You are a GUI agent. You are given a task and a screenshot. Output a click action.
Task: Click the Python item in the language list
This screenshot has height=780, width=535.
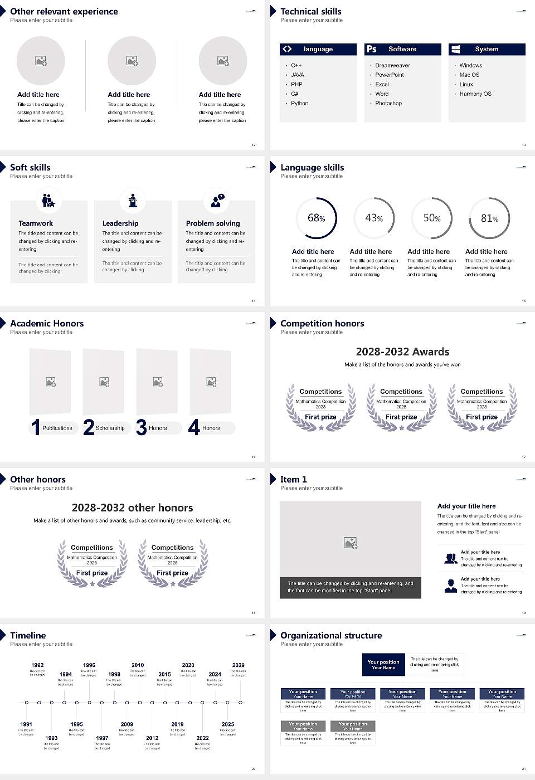299,104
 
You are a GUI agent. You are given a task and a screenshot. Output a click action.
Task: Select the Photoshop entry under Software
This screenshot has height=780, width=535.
388,104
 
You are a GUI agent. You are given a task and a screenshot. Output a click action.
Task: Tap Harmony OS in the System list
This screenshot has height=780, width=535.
475,94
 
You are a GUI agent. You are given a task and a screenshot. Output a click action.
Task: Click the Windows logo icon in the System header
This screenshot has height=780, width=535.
455,49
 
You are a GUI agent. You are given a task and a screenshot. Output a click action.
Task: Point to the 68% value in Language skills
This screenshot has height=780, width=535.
316,218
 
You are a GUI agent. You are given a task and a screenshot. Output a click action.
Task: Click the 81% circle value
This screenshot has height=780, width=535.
489,218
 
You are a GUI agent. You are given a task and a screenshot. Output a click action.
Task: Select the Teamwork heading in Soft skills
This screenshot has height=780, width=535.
36,223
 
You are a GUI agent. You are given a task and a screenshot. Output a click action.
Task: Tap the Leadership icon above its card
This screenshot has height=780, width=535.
133,200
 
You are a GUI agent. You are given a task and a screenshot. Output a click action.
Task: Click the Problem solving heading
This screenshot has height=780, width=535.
213,223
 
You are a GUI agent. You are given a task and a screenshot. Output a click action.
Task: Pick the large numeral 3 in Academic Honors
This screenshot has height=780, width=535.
142,427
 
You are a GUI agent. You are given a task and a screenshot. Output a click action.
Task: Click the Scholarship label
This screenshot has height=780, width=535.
110,428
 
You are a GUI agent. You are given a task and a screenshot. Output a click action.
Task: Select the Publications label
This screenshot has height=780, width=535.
57,428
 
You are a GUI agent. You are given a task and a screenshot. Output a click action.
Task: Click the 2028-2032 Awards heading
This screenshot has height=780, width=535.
402,352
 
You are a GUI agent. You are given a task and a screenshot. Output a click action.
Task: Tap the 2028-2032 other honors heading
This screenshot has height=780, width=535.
132,508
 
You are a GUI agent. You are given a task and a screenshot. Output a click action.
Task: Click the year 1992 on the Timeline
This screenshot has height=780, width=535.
37,665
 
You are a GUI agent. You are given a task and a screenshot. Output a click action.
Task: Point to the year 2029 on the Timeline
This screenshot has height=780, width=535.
239,665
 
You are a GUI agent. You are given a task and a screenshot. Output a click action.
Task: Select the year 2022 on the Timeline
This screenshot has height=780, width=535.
202,738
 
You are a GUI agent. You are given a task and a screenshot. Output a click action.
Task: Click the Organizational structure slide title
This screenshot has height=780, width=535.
331,635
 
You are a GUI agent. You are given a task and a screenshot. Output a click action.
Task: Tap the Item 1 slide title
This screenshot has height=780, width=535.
293,479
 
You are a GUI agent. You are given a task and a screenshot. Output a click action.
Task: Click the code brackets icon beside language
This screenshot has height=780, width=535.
287,49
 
